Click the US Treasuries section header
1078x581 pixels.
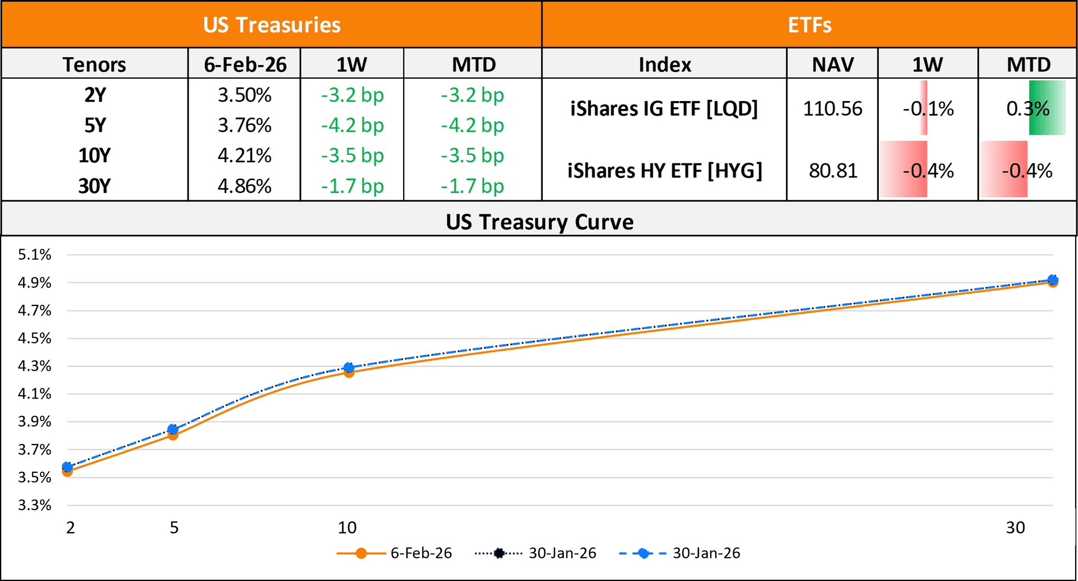point(272,25)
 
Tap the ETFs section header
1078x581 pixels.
point(809,25)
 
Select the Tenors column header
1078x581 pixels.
point(94,65)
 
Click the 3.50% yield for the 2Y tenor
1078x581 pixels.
point(245,95)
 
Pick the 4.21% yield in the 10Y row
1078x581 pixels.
point(245,155)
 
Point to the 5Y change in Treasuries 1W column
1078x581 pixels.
point(352,125)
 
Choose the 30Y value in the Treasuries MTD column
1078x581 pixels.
point(472,186)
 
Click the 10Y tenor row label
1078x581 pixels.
point(94,155)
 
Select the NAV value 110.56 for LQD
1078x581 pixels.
point(832,108)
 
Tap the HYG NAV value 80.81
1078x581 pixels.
point(833,170)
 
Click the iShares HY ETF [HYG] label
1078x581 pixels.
point(664,170)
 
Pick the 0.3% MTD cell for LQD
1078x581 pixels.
point(1027,108)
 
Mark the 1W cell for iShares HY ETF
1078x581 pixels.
point(928,170)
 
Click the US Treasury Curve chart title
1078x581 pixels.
point(539,222)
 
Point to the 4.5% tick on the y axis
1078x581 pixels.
point(34,338)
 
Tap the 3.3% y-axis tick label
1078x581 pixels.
point(34,505)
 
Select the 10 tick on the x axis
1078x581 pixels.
point(347,527)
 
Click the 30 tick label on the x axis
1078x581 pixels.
point(1015,527)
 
